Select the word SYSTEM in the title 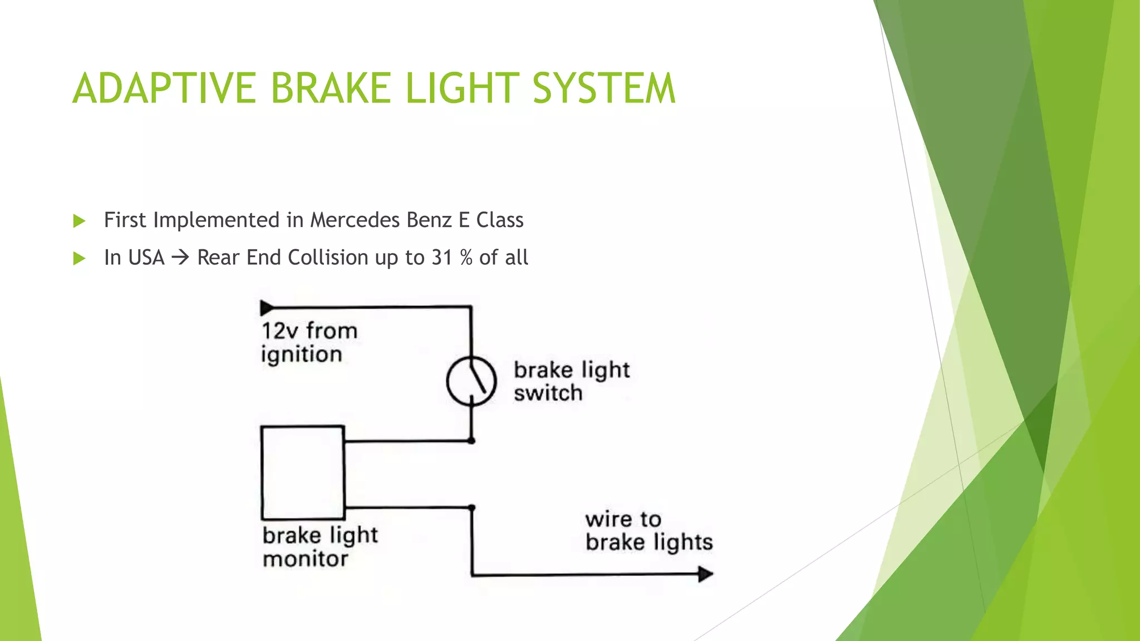603,88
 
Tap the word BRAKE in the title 332,88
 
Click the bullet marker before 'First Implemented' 79,221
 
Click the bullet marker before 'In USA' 79,258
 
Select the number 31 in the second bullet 442,258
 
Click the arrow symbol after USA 180,258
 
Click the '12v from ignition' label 309,343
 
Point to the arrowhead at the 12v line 267,308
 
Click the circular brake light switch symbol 471,381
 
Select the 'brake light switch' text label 571,382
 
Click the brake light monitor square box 303,473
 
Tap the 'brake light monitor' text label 320,547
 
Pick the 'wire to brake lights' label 648,531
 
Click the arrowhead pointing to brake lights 705,574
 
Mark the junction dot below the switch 471,441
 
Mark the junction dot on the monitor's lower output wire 471,507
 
